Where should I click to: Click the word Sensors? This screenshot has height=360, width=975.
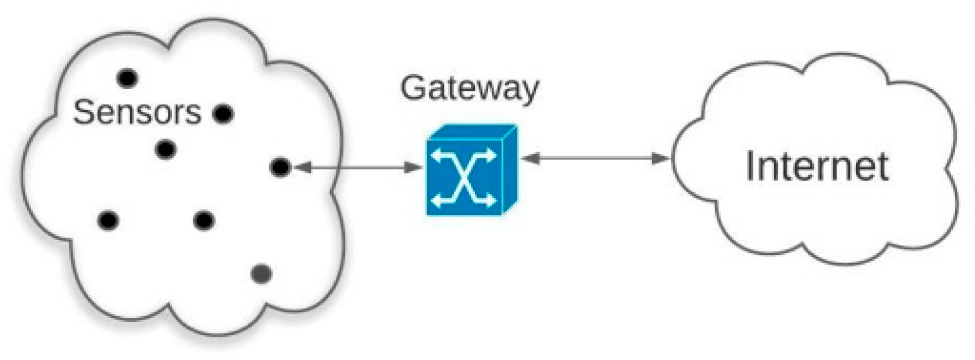pyautogui.click(x=137, y=112)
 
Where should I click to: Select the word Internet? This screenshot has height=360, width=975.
pyautogui.click(x=817, y=166)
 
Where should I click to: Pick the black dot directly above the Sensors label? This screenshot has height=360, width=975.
pyautogui.click(x=127, y=78)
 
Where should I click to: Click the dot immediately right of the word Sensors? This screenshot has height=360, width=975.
pyautogui.click(x=223, y=114)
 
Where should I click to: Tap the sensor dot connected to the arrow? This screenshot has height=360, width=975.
pyautogui.click(x=280, y=167)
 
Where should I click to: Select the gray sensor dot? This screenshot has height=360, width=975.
pyautogui.click(x=261, y=274)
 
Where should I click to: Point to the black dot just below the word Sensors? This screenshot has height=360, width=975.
pyautogui.click(x=166, y=150)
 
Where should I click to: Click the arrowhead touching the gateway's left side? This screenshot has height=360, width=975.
pyautogui.click(x=414, y=167)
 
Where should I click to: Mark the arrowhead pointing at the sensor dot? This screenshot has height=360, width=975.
pyautogui.click(x=302, y=167)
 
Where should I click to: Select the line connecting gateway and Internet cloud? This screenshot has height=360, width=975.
pyautogui.click(x=596, y=158)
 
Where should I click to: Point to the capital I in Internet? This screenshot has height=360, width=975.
pyautogui.click(x=751, y=166)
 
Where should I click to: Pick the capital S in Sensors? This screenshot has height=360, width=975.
pyautogui.click(x=83, y=112)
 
